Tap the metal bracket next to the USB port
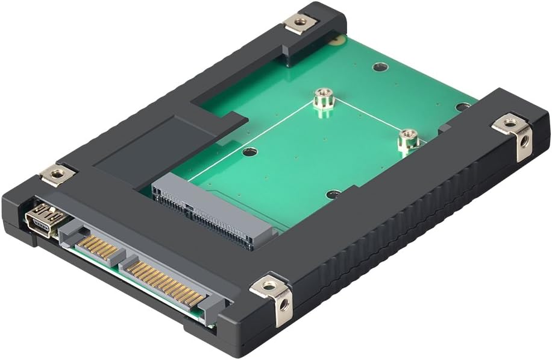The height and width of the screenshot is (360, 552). tap(57, 174)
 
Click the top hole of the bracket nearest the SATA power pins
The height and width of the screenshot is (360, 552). tap(269, 285)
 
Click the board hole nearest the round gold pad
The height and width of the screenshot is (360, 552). tap(379, 66)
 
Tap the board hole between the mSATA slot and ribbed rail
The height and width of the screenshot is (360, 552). tap(333, 194)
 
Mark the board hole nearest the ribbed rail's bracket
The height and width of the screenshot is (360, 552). tap(462, 107)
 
